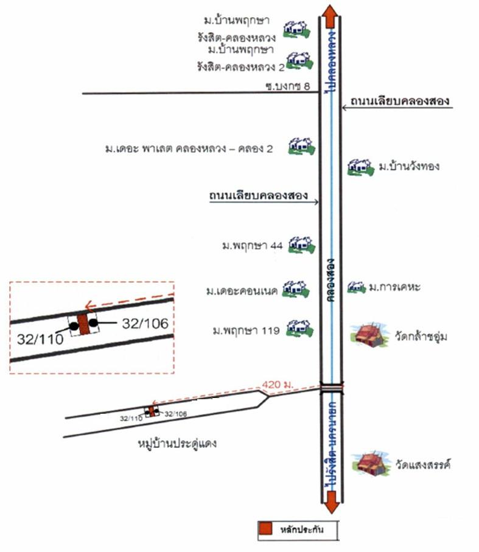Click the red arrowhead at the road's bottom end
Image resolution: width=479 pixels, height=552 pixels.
(331, 502)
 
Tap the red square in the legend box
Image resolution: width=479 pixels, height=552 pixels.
(265, 529)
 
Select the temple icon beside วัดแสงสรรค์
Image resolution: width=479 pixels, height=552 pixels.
(372, 463)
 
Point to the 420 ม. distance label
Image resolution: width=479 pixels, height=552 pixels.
(277, 385)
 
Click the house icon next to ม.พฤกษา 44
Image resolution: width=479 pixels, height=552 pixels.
(301, 245)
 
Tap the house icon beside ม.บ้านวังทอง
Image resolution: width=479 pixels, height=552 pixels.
(360, 167)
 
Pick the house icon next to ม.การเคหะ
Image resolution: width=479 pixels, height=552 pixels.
(357, 288)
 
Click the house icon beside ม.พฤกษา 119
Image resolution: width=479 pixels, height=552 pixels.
(299, 329)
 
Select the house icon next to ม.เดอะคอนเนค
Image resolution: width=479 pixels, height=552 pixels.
(296, 289)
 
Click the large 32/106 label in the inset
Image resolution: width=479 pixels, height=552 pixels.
(145, 323)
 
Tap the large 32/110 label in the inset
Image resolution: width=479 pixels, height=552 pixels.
(40, 339)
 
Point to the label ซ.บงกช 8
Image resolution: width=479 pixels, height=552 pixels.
(287, 86)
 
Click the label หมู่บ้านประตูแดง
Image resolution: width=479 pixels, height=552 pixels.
(177, 443)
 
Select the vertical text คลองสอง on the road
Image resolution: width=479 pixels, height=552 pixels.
(330, 280)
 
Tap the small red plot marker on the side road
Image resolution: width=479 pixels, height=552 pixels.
(152, 411)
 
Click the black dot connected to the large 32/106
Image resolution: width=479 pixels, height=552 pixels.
(93, 323)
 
